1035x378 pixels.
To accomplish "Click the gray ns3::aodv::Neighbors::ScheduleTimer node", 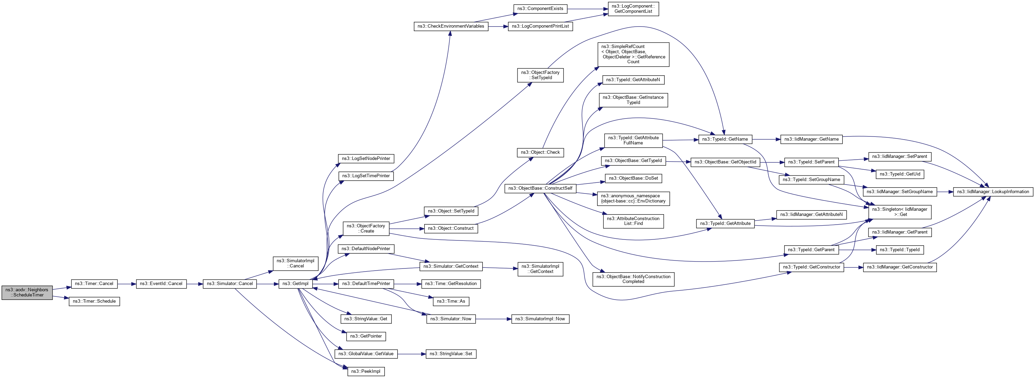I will point(27,292).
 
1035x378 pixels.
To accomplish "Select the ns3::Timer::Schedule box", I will point(94,301).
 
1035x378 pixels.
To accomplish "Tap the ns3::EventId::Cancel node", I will point(161,284).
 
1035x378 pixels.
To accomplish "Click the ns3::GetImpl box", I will point(295,284).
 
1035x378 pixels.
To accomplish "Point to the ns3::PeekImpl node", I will point(365,371).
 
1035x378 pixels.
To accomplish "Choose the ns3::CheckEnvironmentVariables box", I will point(451,26).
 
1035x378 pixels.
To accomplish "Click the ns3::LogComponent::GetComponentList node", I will point(633,9).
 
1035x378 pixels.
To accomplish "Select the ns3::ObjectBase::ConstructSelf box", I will point(540,188).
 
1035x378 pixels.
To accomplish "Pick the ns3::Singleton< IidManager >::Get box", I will point(900,212).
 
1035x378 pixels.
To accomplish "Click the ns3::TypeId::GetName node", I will point(725,139).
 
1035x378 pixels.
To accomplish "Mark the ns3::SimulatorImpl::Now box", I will point(540,319).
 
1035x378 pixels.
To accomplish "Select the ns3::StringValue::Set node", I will point(451,353).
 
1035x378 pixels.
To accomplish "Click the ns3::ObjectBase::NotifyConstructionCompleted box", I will point(633,279).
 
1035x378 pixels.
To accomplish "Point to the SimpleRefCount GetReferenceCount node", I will point(633,54).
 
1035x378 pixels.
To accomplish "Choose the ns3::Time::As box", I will point(451,301).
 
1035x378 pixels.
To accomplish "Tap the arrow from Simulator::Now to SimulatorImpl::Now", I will point(493,319).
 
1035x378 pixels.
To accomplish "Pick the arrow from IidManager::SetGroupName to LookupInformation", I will point(945,192).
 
